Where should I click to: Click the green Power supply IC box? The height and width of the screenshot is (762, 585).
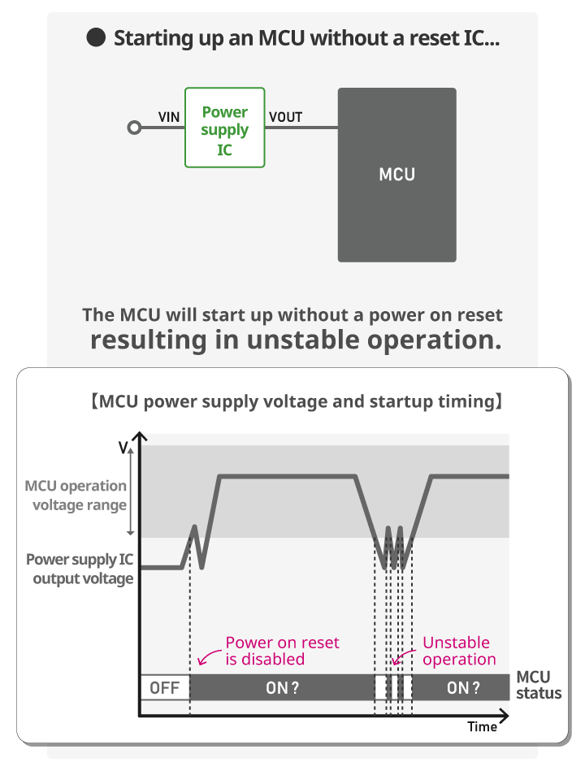click(x=224, y=128)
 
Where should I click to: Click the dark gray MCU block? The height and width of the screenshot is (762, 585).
click(x=397, y=175)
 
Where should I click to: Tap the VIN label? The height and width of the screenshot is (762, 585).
click(x=169, y=117)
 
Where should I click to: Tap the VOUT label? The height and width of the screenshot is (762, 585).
click(x=286, y=117)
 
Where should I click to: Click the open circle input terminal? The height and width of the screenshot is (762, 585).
click(x=134, y=128)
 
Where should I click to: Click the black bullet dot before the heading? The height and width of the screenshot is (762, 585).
click(x=96, y=38)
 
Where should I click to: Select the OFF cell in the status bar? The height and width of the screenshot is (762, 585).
click(x=165, y=687)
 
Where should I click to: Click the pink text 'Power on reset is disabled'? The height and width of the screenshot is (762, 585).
click(x=282, y=651)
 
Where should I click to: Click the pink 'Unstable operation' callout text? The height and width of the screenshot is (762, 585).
click(x=459, y=651)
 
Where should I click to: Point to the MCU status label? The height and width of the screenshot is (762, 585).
click(x=539, y=685)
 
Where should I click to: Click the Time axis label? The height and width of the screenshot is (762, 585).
click(x=482, y=726)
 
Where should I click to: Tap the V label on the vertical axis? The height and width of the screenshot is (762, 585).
click(x=123, y=447)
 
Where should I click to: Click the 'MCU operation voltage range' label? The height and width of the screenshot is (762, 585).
click(x=76, y=496)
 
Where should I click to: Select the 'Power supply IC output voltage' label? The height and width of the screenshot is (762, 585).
click(x=80, y=569)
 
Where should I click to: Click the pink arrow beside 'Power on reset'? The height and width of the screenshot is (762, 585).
click(x=209, y=657)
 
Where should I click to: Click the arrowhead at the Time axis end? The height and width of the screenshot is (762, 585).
click(x=505, y=716)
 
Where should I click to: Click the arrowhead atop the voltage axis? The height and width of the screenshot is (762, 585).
click(x=140, y=436)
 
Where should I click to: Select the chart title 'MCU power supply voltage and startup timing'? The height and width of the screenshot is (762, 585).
click(x=297, y=402)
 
